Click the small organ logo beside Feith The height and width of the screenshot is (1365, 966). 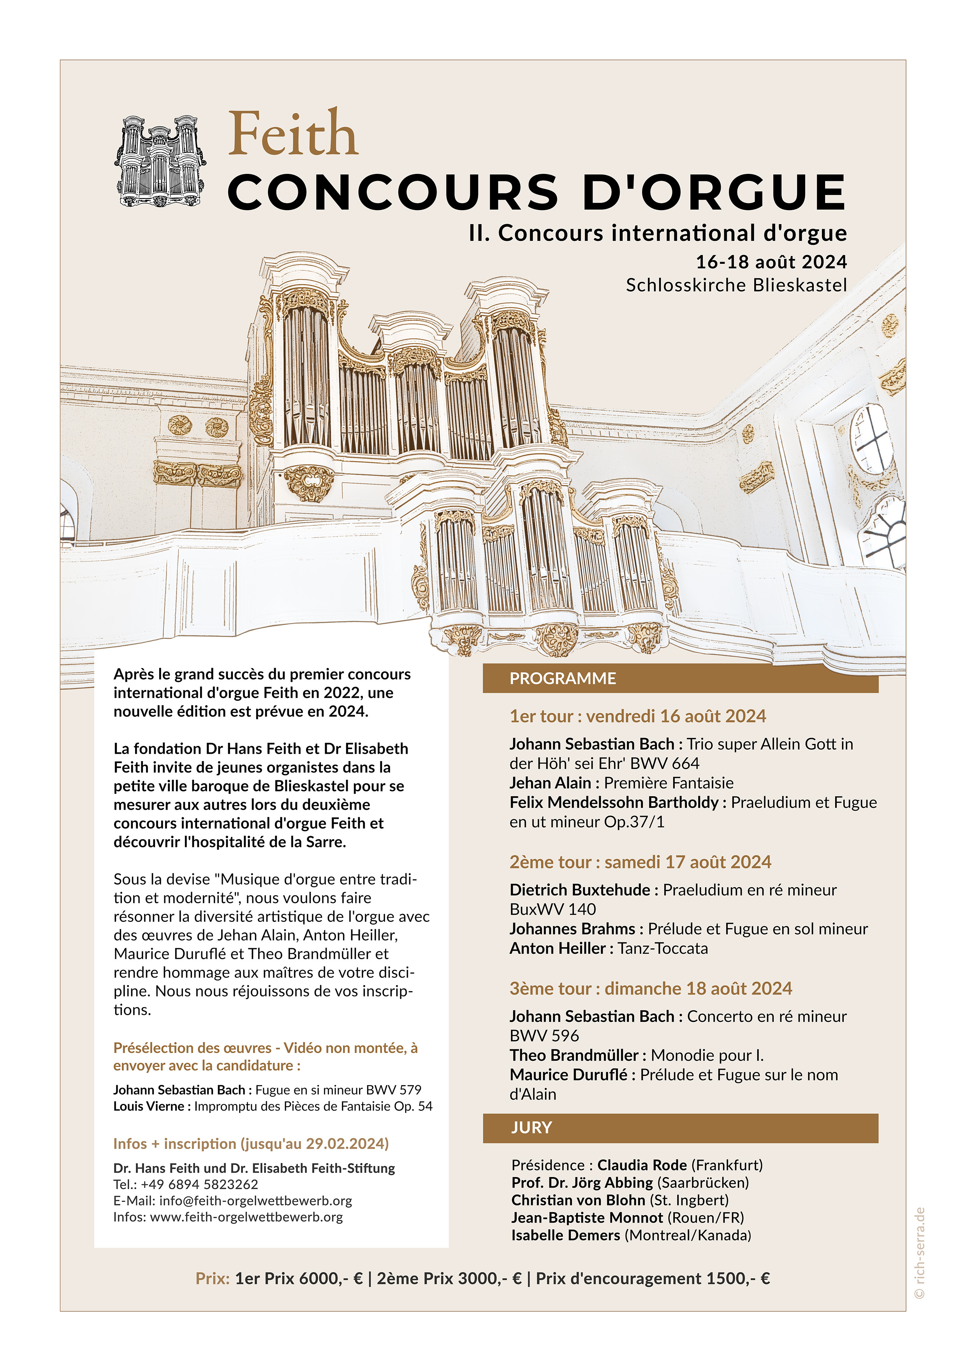(160, 161)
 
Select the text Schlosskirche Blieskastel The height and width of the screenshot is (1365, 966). (736, 285)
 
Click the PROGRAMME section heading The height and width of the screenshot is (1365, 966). (563, 678)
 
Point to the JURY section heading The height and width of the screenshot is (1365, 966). (531, 1128)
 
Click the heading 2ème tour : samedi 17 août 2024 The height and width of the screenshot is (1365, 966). (640, 862)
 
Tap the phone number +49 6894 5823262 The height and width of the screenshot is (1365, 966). (199, 1184)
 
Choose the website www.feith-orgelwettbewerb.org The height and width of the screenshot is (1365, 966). (246, 1217)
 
